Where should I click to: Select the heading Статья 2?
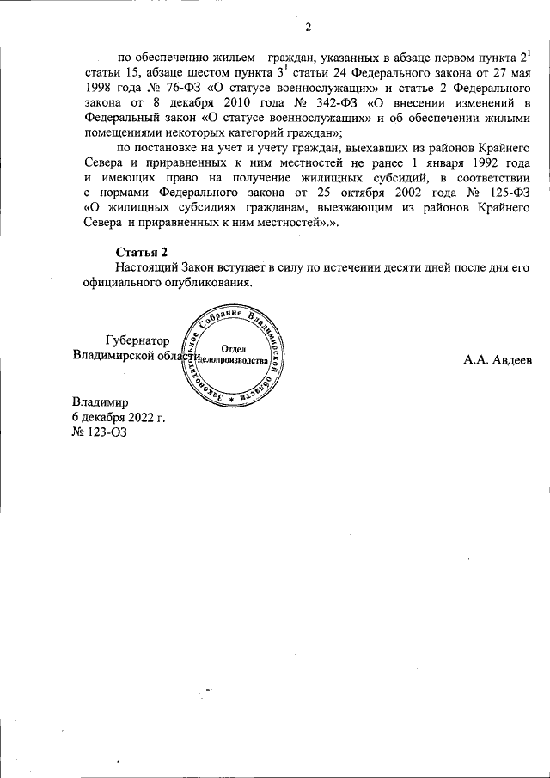[x=141, y=251]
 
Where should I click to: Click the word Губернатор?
[x=142, y=340]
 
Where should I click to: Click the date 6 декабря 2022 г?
[x=119, y=417]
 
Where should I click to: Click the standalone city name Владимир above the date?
[x=101, y=401]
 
